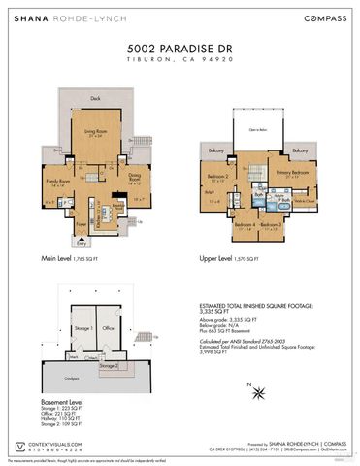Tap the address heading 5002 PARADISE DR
pos(180,47)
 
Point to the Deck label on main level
pos(95,98)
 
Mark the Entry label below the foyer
pos(68,243)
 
